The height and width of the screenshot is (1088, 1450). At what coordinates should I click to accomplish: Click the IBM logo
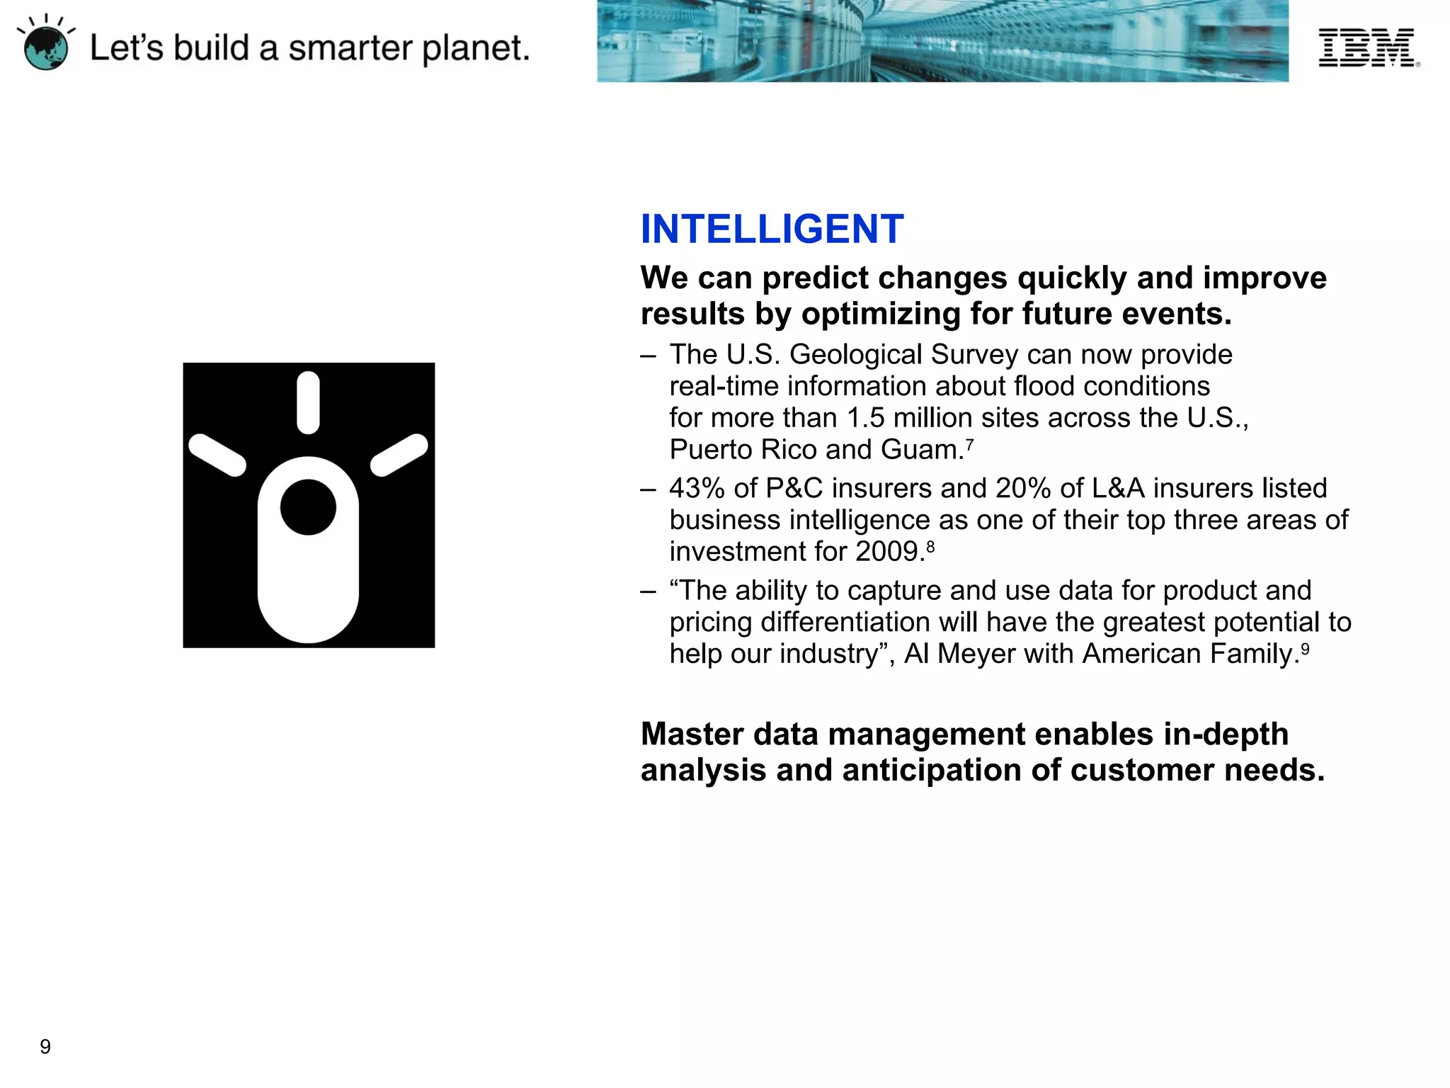(1367, 47)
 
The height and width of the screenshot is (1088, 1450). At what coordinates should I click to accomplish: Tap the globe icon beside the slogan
(46, 48)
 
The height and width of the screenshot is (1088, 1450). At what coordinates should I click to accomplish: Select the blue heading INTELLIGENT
(772, 229)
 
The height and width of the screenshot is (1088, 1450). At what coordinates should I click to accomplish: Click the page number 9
(45, 1046)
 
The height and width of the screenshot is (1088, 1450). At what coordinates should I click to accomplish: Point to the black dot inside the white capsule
(308, 507)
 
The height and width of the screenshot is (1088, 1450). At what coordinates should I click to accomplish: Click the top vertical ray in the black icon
(308, 402)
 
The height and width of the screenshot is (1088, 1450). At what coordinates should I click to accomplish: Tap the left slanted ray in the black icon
(217, 455)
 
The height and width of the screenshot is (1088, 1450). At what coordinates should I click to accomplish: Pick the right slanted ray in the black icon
(399, 455)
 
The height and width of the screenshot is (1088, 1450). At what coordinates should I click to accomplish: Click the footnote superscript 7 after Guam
(969, 444)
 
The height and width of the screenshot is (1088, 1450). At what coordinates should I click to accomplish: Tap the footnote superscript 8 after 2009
(930, 546)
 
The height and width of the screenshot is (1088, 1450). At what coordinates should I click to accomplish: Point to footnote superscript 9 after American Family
(1305, 648)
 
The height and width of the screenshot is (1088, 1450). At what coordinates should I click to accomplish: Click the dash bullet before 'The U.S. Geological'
(648, 356)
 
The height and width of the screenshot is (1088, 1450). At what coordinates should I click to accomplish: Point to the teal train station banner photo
(942, 41)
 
